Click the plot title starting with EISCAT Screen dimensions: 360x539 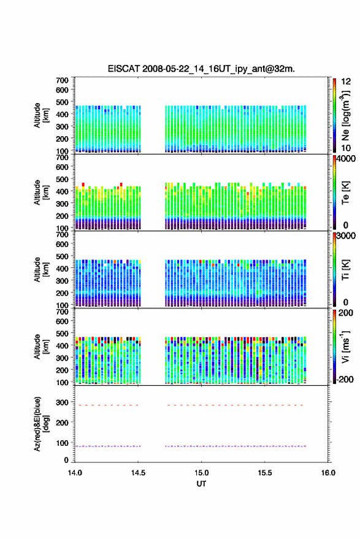coord(201,69)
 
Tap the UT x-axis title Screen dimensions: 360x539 coord(201,484)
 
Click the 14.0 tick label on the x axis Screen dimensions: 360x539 coord(75,473)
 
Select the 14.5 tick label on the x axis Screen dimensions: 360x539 coord(138,473)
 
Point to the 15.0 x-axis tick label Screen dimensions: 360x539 coord(202,473)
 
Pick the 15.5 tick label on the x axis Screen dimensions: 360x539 coord(265,473)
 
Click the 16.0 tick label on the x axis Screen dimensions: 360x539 coord(328,473)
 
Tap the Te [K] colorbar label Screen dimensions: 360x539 coord(345,193)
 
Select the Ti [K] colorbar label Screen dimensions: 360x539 coord(345,270)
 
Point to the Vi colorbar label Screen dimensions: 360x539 coord(345,346)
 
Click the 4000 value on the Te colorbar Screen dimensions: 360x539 coord(346,159)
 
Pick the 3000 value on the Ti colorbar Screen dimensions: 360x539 coord(346,236)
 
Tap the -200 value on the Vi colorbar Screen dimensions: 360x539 coord(345,379)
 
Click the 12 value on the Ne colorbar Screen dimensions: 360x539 coord(347,82)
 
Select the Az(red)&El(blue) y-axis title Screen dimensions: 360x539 coord(42,424)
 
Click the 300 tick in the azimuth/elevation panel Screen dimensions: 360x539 coord(62,402)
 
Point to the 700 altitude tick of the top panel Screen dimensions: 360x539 coord(62,80)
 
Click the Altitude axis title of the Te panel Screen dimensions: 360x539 coord(41,193)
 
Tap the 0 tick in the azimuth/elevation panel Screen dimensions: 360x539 coord(66,460)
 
